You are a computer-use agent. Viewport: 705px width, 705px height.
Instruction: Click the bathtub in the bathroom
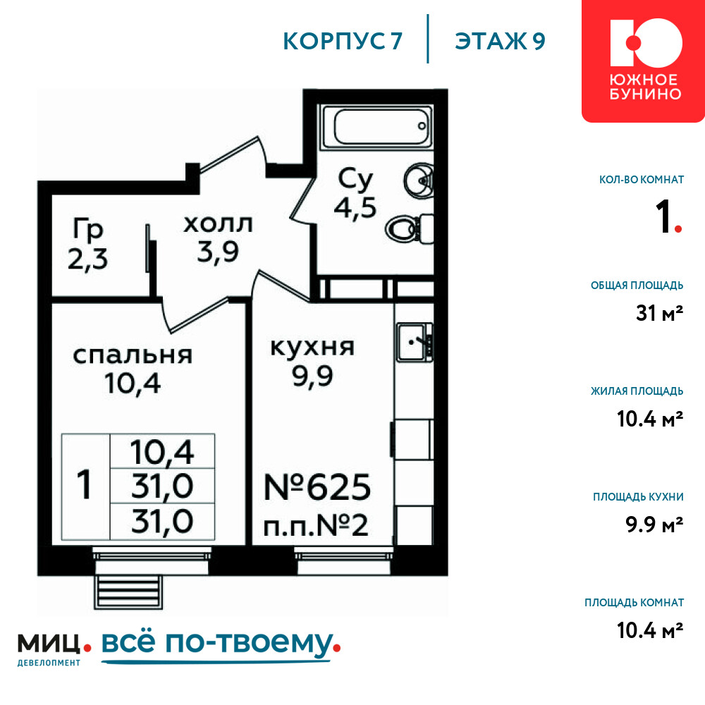click(x=376, y=127)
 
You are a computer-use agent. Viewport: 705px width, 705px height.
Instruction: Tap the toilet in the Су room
click(x=409, y=229)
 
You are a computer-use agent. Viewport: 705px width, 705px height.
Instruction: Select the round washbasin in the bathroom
click(x=419, y=180)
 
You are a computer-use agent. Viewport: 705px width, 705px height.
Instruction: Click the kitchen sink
click(x=414, y=343)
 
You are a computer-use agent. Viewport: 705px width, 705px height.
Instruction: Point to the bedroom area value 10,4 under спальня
click(x=133, y=384)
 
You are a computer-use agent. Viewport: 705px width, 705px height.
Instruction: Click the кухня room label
click(x=312, y=348)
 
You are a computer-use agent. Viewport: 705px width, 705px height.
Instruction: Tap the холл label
click(x=218, y=224)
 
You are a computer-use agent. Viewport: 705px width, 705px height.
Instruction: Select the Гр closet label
click(x=88, y=229)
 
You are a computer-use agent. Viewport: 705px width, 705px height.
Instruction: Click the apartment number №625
click(x=317, y=487)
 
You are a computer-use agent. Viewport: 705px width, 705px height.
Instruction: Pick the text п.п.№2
click(x=316, y=526)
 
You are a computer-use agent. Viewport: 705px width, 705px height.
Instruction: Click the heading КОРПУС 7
click(x=343, y=41)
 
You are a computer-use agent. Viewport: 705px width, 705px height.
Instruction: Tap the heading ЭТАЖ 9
click(x=500, y=41)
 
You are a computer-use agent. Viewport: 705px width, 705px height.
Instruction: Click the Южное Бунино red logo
click(x=644, y=61)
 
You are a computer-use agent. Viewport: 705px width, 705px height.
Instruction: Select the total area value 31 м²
click(x=660, y=313)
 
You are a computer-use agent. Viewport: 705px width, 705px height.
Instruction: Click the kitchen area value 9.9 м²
click(x=654, y=525)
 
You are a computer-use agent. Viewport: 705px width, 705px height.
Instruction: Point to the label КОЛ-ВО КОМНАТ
click(x=642, y=180)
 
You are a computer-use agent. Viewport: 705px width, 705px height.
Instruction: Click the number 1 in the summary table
click(x=85, y=485)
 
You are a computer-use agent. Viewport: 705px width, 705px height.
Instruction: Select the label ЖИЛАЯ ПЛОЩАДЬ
click(x=637, y=391)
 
